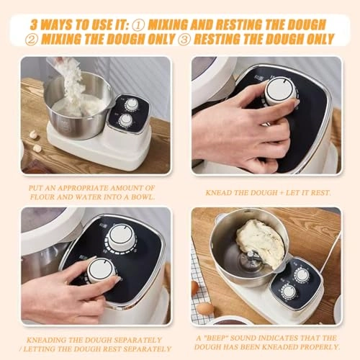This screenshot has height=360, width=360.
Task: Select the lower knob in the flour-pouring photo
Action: [127, 120]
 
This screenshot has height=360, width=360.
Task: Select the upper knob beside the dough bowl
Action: [302, 274]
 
